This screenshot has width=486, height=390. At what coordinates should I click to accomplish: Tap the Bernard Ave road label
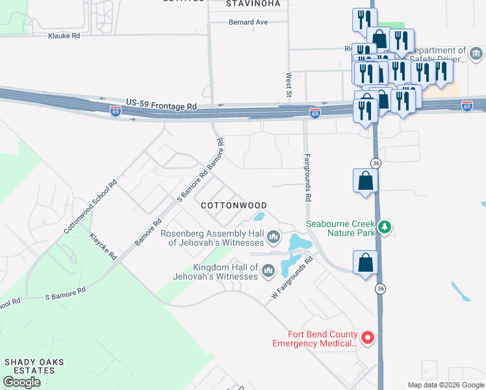pyautogui.click(x=248, y=21)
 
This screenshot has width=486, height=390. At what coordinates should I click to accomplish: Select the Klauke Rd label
pyautogui.click(x=64, y=36)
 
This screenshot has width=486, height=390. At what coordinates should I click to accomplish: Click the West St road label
pyautogui.click(x=288, y=86)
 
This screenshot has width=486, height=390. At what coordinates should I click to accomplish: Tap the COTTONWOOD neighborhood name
pyautogui.click(x=234, y=205)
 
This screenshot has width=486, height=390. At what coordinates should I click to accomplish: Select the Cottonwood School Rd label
pyautogui.click(x=90, y=207)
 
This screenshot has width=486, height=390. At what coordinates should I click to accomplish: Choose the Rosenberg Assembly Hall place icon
pyautogui.click(x=274, y=236)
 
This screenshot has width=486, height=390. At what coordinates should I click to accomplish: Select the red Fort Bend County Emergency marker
pyautogui.click(x=367, y=337)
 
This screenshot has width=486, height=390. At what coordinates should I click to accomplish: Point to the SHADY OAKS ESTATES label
pyautogui.click(x=29, y=366)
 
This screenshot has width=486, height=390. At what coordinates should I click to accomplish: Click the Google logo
pyautogui.click(x=21, y=382)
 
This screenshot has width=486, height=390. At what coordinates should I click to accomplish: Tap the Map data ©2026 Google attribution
pyautogui.click(x=446, y=385)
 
